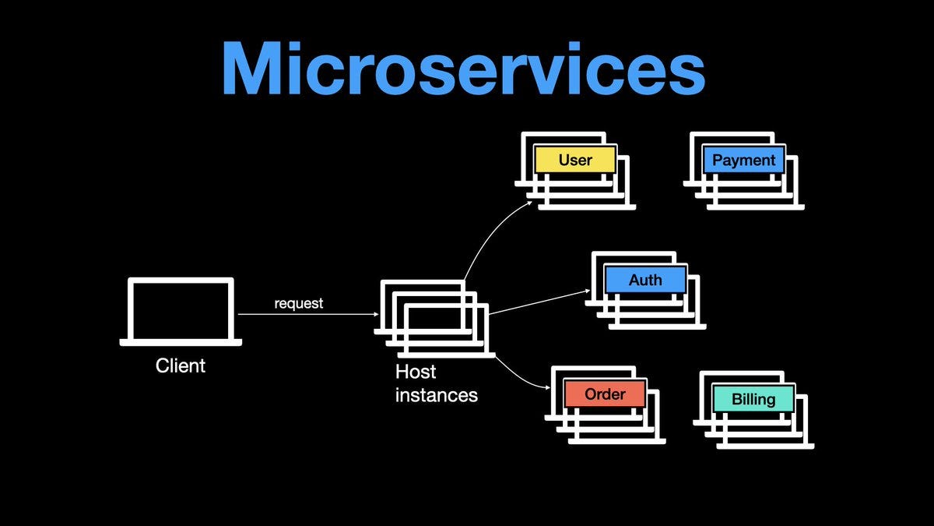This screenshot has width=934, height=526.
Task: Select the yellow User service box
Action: click(575, 161)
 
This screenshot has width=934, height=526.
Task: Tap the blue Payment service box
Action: click(744, 161)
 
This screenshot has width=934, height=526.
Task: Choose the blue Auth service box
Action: click(645, 280)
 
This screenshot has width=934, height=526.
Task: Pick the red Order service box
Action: click(605, 394)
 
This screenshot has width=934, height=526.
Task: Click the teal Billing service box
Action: click(753, 399)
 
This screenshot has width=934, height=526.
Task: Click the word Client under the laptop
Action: click(181, 365)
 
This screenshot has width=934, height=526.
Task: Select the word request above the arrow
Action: click(298, 303)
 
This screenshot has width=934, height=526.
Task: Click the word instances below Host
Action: click(436, 395)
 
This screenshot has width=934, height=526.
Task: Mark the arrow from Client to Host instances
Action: click(307, 314)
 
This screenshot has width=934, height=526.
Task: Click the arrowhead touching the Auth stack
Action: click(587, 291)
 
